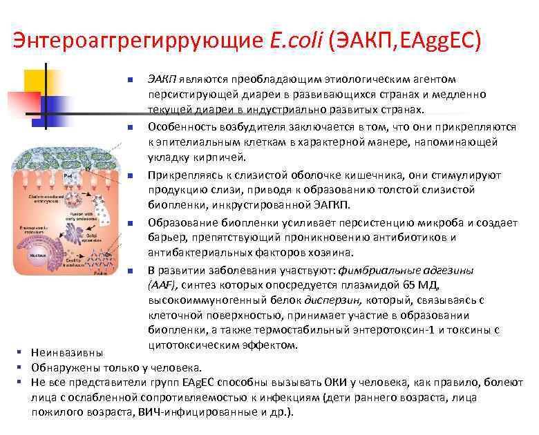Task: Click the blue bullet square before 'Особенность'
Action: pos(129,127)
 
